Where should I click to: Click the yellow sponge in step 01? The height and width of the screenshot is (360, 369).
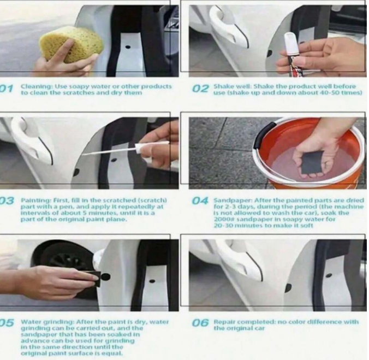72,45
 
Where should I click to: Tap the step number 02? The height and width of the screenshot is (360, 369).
200,88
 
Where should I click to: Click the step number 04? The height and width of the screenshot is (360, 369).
200,201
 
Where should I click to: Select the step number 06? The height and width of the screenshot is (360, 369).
200,322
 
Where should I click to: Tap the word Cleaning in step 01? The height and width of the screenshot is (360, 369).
37,86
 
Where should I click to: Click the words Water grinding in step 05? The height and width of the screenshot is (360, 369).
48,322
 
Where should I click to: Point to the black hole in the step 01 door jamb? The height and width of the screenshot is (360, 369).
128,47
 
